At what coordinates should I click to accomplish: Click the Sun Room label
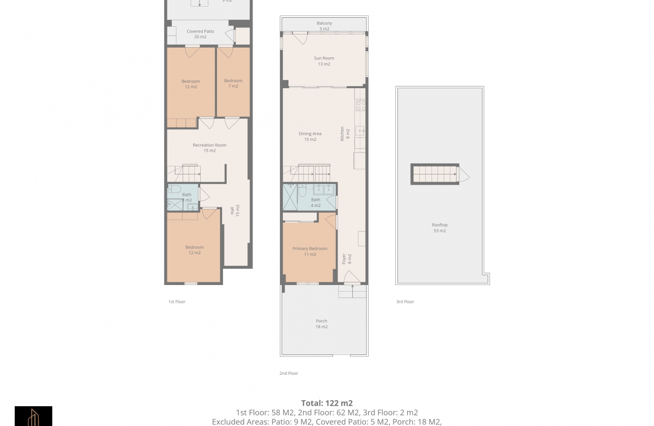(324, 61)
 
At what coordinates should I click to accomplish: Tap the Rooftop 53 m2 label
(440, 228)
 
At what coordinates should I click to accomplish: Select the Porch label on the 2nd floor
(321, 324)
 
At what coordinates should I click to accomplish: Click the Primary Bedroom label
(310, 251)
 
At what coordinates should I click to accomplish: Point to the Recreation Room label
(209, 148)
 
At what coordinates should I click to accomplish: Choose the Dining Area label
(310, 136)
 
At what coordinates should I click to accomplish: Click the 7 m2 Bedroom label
(233, 83)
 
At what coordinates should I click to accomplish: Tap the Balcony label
(324, 26)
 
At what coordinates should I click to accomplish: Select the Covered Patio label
(200, 34)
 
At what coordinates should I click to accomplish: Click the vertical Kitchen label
(345, 133)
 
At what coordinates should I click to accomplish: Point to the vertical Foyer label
(346, 259)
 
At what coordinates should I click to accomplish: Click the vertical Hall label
(235, 210)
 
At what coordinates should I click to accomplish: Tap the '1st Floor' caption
(177, 302)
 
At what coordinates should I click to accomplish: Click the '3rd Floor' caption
(405, 302)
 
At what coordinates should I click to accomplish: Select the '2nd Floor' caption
(288, 373)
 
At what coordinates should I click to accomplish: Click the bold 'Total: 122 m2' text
(326, 404)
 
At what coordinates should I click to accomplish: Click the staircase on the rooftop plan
(435, 174)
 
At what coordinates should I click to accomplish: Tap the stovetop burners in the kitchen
(360, 105)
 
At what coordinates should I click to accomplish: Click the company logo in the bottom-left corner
(33, 416)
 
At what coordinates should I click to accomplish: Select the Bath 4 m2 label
(315, 202)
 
